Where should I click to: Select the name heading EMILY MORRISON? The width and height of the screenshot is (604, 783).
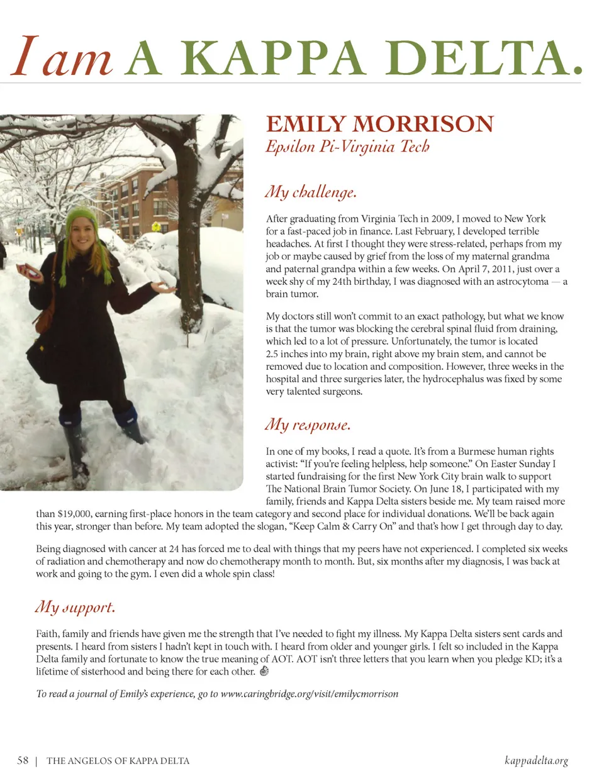click(x=379, y=124)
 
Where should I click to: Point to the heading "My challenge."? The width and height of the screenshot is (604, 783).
click(x=311, y=192)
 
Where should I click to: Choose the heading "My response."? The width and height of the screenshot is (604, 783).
click(x=308, y=425)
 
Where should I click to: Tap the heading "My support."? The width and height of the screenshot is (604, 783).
click(x=75, y=607)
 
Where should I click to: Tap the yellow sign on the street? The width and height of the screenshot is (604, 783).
click(x=155, y=226)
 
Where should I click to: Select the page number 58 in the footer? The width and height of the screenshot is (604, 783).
click(x=23, y=760)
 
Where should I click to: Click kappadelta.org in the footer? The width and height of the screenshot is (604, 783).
click(x=536, y=760)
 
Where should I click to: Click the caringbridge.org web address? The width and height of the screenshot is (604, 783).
click(x=309, y=694)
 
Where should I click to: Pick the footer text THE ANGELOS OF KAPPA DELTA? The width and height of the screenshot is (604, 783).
click(x=118, y=761)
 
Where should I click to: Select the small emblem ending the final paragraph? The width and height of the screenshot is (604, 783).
click(x=264, y=671)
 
